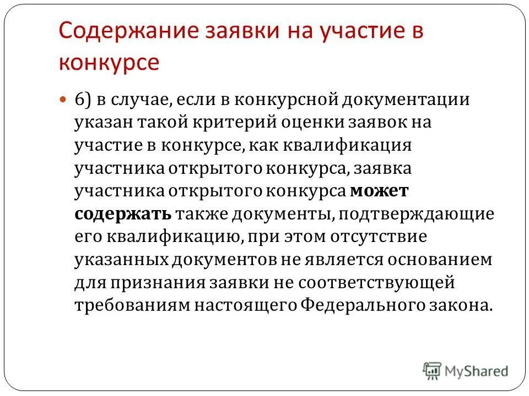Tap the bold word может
[x=379, y=191]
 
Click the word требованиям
[x=132, y=305]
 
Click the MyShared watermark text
[x=477, y=372]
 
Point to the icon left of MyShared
[x=432, y=370]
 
